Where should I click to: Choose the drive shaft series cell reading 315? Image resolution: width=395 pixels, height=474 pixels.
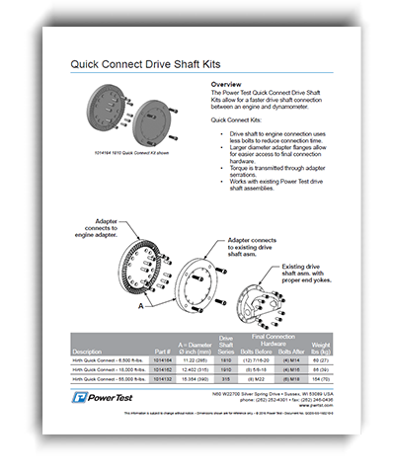(226, 379)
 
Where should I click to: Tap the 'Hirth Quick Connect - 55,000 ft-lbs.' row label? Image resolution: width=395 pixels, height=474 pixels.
(109, 379)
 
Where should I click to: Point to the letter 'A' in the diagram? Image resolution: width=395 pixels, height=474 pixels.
(140, 309)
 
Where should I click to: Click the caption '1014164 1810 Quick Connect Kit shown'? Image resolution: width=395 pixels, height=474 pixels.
(129, 155)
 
